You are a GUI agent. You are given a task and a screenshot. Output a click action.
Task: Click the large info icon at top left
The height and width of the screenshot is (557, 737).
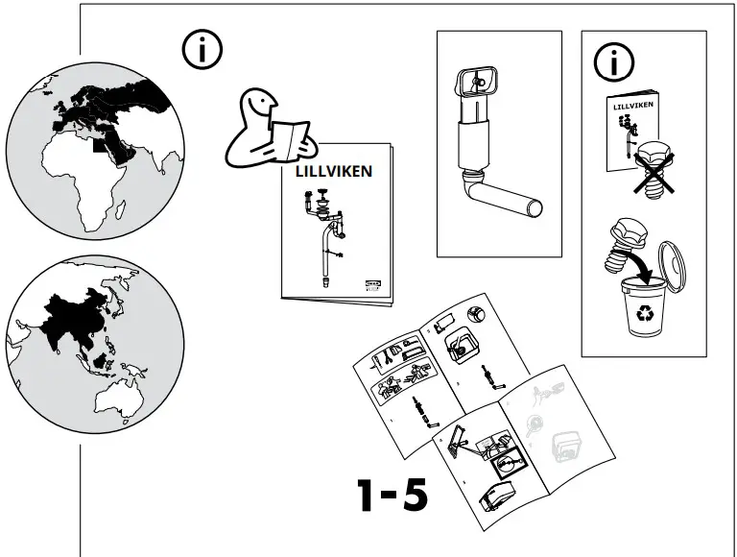click(202, 51)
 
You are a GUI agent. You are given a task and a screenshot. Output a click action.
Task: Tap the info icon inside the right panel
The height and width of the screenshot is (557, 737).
click(614, 62)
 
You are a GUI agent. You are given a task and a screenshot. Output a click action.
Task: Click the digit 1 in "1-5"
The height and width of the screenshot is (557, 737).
click(367, 496)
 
